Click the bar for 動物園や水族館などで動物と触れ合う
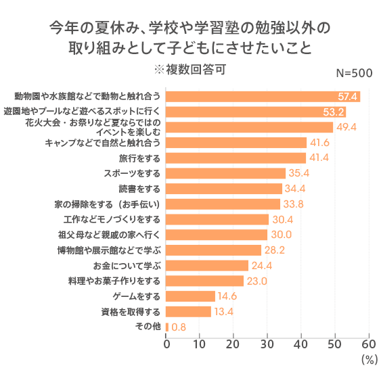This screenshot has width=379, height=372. pyautogui.click(x=263, y=96)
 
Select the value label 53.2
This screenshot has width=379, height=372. pyautogui.click(x=334, y=112)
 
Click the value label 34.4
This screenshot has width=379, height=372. pyautogui.click(x=295, y=189)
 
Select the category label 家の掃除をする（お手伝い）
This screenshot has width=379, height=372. pyautogui.click(x=108, y=204)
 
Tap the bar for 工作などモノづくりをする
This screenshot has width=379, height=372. pyautogui.click(x=217, y=219)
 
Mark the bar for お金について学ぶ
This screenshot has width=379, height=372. pyautogui.click(x=207, y=265)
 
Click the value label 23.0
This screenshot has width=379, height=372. pyautogui.click(x=257, y=281)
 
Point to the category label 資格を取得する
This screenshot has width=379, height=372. pyautogui.click(x=131, y=312)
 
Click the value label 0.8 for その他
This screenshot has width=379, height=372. pyautogui.click(x=179, y=327)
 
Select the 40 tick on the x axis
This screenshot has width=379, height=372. pyautogui.click(x=300, y=343)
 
